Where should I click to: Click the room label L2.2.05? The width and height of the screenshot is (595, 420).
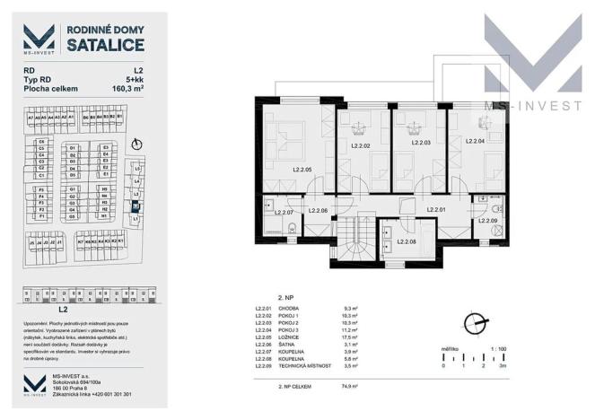[x=302, y=169]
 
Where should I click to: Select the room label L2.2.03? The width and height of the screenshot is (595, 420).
[x=421, y=143]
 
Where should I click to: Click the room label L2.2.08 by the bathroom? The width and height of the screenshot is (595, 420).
[x=406, y=241]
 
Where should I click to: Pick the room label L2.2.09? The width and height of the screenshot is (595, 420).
[x=486, y=220]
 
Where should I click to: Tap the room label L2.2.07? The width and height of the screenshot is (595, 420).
[x=284, y=212]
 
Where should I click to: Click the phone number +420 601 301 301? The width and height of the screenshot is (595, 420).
[x=106, y=394]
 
